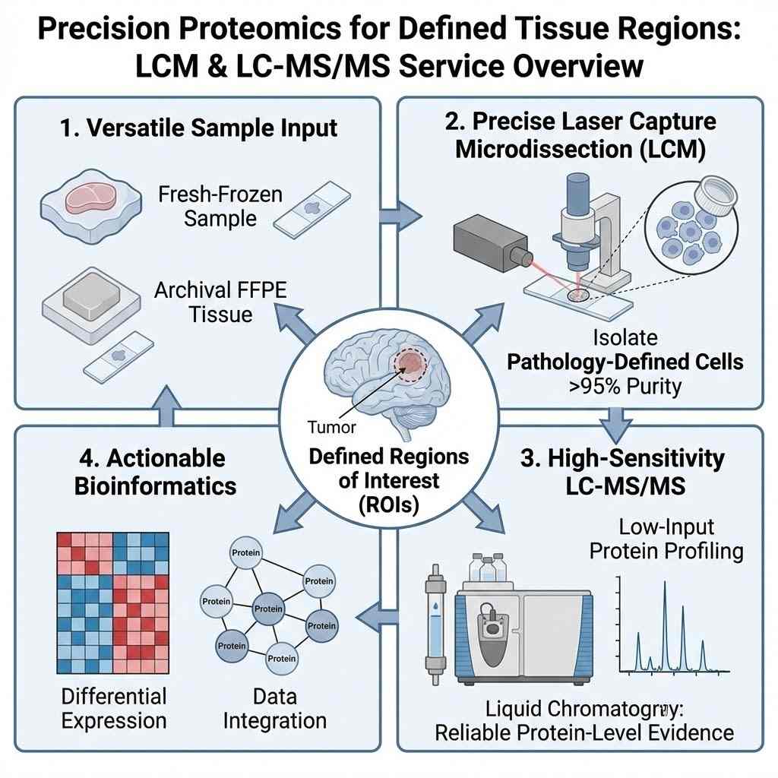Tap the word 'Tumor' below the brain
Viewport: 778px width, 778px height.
(x=332, y=427)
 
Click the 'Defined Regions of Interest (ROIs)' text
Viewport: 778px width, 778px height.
(x=389, y=481)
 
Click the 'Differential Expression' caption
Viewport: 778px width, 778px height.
(x=113, y=708)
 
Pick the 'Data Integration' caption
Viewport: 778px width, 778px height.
(x=275, y=708)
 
